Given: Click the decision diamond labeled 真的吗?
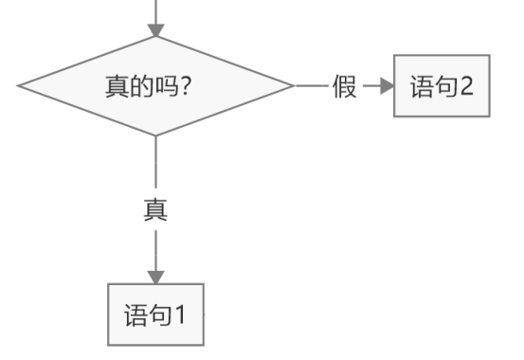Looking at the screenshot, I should (155, 87).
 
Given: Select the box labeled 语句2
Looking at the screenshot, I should (442, 87).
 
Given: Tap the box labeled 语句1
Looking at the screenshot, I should (155, 314).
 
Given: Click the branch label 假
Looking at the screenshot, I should (344, 87).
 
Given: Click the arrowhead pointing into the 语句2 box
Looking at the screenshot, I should (385, 87).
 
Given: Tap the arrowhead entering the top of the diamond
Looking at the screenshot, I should (155, 29).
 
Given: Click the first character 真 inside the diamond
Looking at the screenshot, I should (117, 87).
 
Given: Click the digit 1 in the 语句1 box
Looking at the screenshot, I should (182, 314).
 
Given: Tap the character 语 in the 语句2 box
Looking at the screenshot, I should (420, 87).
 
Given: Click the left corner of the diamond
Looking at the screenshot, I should (19, 87).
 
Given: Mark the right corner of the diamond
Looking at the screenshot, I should (292, 87).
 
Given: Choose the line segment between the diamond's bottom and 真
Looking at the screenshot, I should (155, 166).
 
